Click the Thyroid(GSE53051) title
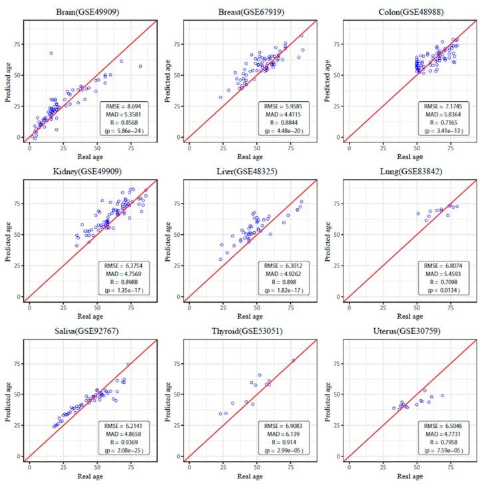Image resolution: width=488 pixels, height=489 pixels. coord(249,331)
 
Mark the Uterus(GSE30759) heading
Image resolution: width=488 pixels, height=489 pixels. coord(409,331)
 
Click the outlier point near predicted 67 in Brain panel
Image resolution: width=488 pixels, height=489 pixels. coord(51,53)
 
